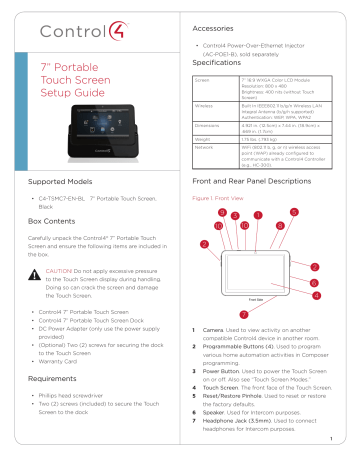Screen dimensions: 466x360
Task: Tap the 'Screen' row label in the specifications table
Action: click(202, 77)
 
